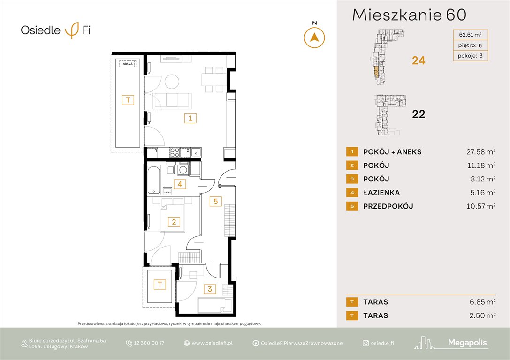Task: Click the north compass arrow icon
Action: coord(314,37)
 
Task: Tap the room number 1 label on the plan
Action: coord(190,119)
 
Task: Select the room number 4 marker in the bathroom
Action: coord(179,184)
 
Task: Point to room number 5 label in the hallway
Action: coord(215,202)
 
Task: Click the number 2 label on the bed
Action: coord(174,222)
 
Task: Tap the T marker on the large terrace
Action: coord(127,99)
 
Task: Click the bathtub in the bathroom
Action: coord(153,180)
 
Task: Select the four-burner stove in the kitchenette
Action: coord(175,152)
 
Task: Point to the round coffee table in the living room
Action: coord(172,82)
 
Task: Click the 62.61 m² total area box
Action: coord(470,34)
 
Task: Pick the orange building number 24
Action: coord(419,60)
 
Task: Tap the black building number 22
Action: coord(419,114)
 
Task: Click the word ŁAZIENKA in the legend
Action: coord(381,193)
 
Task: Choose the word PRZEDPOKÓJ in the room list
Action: coord(388,206)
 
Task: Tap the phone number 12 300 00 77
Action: coord(149,343)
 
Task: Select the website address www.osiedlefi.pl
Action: coord(213,343)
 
